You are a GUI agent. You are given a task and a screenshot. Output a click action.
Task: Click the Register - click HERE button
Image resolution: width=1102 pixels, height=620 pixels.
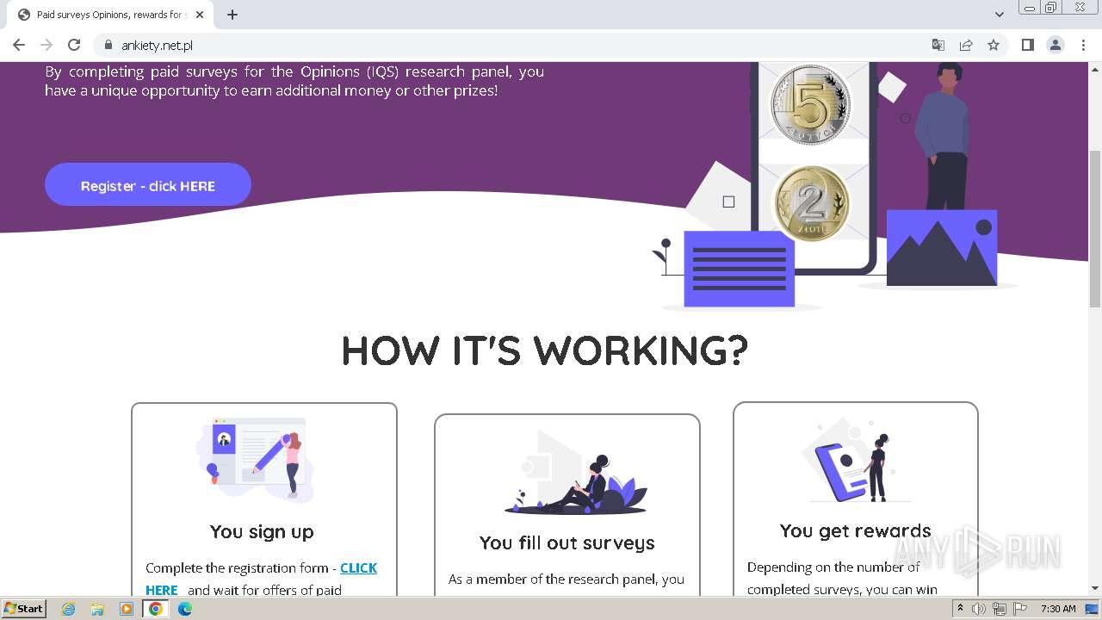(x=148, y=185)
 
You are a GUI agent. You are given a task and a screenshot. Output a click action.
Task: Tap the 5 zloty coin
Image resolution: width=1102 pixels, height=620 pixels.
(x=809, y=104)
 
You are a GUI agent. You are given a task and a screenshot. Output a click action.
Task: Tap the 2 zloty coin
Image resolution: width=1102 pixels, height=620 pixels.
(x=810, y=204)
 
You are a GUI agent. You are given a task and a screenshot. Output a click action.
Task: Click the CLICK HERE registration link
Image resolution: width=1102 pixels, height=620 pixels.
(x=358, y=568)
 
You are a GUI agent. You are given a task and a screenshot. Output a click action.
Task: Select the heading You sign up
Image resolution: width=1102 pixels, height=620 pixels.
(x=262, y=531)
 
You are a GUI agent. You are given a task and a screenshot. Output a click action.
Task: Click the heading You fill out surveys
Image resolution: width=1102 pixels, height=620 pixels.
(x=566, y=542)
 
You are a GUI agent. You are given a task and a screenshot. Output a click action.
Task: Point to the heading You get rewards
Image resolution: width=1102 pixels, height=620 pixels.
(x=855, y=530)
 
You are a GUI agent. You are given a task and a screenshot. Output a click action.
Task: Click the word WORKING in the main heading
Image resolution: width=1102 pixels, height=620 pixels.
(x=640, y=350)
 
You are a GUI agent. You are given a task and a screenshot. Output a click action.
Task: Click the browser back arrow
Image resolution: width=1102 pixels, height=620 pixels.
(x=19, y=45)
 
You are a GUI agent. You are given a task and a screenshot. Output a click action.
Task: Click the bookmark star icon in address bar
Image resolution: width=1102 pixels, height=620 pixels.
(x=994, y=45)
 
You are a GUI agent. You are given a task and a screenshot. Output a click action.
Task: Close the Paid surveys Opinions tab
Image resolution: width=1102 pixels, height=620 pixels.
(x=200, y=15)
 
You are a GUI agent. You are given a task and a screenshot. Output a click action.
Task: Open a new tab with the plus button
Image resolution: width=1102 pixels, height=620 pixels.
(x=232, y=15)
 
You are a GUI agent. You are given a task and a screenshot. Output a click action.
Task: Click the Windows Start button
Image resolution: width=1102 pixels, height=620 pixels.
(x=23, y=609)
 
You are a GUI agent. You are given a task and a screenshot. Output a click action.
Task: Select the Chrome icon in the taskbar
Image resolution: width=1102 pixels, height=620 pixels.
(x=156, y=609)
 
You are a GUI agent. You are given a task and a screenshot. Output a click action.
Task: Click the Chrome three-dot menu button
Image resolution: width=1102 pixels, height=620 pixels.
(x=1083, y=45)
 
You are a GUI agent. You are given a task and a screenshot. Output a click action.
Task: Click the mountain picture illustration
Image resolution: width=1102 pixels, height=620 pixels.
(x=942, y=248)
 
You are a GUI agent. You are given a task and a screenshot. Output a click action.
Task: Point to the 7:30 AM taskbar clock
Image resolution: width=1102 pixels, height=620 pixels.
(x=1058, y=609)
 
